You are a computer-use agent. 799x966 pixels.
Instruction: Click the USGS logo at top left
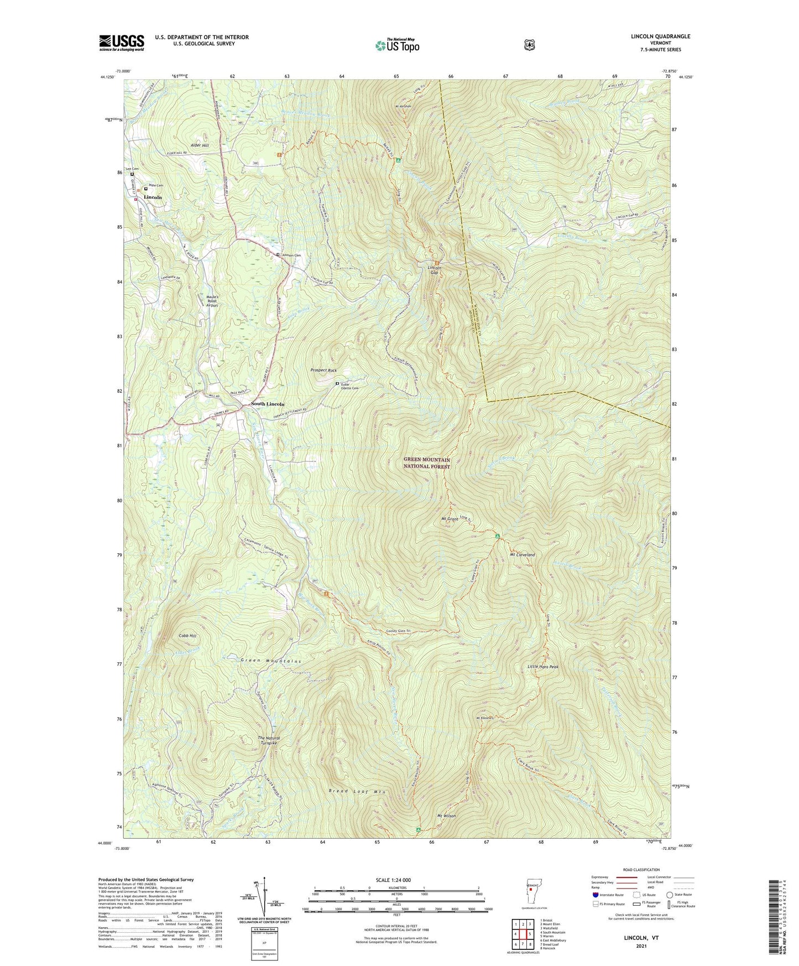pos(122,43)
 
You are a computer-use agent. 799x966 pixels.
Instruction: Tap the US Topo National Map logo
pos(397,45)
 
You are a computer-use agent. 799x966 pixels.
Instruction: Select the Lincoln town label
pos(153,197)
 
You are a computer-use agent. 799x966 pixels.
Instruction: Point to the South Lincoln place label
pos(268,404)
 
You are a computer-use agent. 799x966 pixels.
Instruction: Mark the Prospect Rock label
pos(323,370)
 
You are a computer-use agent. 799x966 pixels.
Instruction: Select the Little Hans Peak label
pos(543,667)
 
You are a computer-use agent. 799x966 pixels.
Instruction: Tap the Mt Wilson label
pos(447,816)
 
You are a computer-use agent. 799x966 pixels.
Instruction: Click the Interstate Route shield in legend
pos(595,895)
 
